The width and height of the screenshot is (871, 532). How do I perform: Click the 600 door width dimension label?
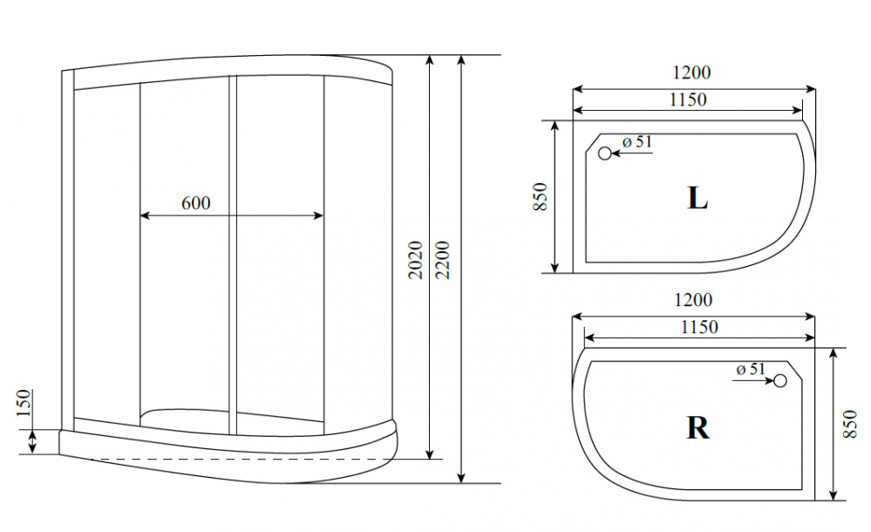(196, 203)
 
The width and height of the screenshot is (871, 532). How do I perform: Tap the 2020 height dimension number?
(416, 260)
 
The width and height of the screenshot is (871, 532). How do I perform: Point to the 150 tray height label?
(24, 403)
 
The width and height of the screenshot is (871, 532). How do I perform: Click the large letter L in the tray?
(697, 198)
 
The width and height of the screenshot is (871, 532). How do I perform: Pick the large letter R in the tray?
(697, 427)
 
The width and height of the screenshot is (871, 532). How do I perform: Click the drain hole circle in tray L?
(605, 153)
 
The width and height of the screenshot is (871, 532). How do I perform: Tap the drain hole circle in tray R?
(780, 380)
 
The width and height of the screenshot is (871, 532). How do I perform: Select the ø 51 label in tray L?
(637, 142)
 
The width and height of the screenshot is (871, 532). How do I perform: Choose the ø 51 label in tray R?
(751, 369)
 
